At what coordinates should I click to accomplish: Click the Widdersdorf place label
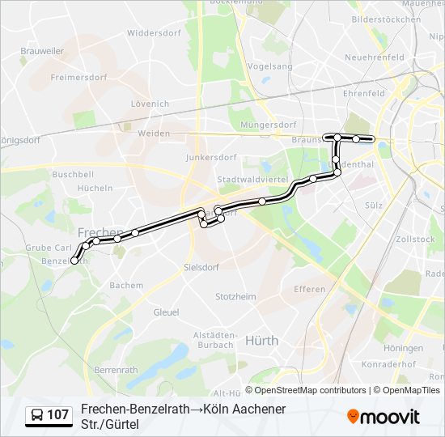(151, 33)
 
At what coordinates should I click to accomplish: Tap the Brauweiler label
(42, 50)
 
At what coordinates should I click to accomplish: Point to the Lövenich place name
(150, 104)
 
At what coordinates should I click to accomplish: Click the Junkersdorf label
(210, 157)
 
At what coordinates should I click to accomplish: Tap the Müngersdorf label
(269, 125)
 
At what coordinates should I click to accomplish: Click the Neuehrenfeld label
(374, 57)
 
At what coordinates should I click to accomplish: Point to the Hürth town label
(261, 341)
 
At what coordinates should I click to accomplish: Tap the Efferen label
(309, 289)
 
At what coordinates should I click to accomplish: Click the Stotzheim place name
(236, 297)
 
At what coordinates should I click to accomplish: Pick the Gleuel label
(166, 312)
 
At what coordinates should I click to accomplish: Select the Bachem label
(126, 285)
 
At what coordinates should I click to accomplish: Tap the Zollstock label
(416, 240)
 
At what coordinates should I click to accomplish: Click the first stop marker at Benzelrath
(75, 261)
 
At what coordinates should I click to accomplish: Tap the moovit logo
(384, 417)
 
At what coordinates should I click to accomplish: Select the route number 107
(57, 415)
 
